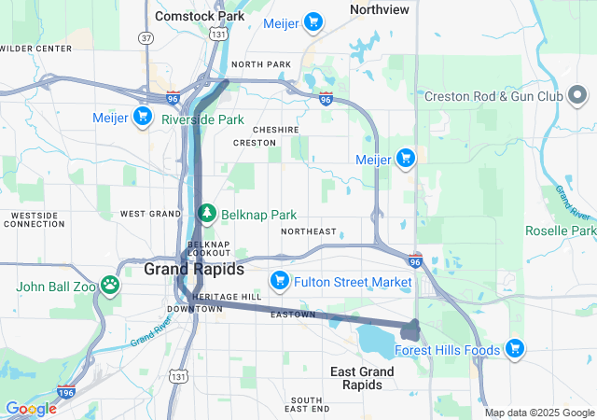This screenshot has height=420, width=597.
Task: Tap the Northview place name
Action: coord(379,9)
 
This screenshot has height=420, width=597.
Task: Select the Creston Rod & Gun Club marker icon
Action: coord(577,95)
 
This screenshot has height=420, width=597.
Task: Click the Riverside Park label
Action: coord(202,119)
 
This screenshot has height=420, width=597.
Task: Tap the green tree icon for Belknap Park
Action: coord(207,213)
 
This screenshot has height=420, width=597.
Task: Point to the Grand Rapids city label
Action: coord(194,269)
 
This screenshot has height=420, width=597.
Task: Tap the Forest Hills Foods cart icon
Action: coord(516,350)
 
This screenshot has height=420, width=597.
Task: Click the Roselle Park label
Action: coord(560,231)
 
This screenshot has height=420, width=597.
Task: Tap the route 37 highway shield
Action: coord(147,64)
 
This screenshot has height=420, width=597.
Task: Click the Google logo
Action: coord(31,409)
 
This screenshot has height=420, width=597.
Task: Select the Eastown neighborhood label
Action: coord(293,315)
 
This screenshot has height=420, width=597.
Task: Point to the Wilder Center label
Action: coord(36,48)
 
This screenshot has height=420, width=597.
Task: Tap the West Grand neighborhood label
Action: coord(149,214)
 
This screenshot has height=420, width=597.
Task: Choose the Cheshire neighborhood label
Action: coord(275,130)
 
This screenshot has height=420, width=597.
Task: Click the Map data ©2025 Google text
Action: coord(539,413)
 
